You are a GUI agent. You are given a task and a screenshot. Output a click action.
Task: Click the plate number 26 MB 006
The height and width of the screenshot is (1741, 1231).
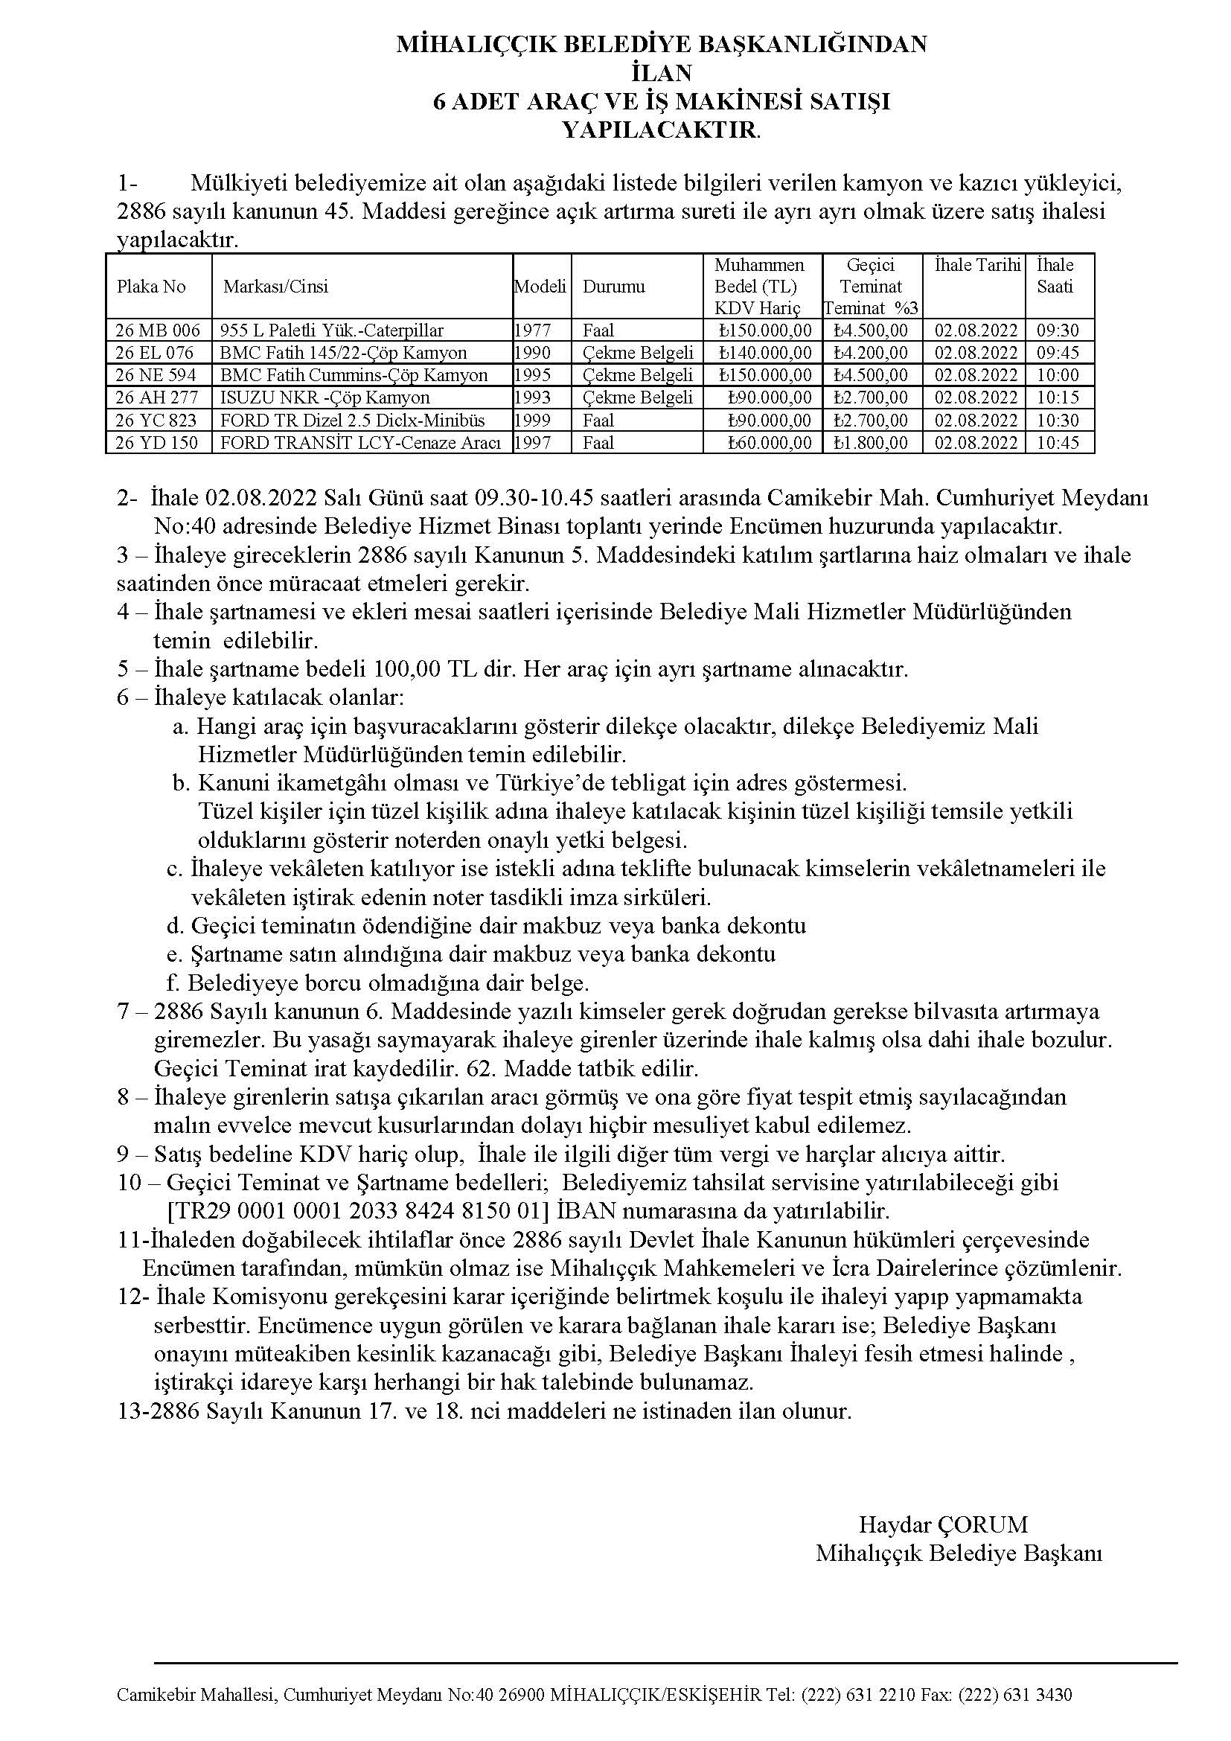[158, 330]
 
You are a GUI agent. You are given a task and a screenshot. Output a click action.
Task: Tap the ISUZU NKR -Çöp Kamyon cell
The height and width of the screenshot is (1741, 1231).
[325, 398]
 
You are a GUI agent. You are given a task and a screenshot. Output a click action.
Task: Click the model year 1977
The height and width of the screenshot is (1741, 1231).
[532, 330]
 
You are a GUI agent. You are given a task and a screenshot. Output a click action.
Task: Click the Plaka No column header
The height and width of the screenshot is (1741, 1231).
[151, 287]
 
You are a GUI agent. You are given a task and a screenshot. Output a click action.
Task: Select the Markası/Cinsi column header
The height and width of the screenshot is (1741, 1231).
[276, 287]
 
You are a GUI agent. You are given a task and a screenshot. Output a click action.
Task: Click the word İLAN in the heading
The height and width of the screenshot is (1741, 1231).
[661, 73]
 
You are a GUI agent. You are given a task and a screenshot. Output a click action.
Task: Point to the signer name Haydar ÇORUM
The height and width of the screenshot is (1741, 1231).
[943, 1524]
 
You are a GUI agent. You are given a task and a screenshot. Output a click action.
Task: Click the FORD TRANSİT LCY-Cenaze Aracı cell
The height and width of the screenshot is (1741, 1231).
[361, 443]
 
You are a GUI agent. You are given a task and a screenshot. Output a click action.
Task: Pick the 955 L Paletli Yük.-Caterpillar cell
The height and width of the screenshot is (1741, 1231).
[332, 330]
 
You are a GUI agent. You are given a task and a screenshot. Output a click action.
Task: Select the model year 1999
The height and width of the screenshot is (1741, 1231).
[532, 421]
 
